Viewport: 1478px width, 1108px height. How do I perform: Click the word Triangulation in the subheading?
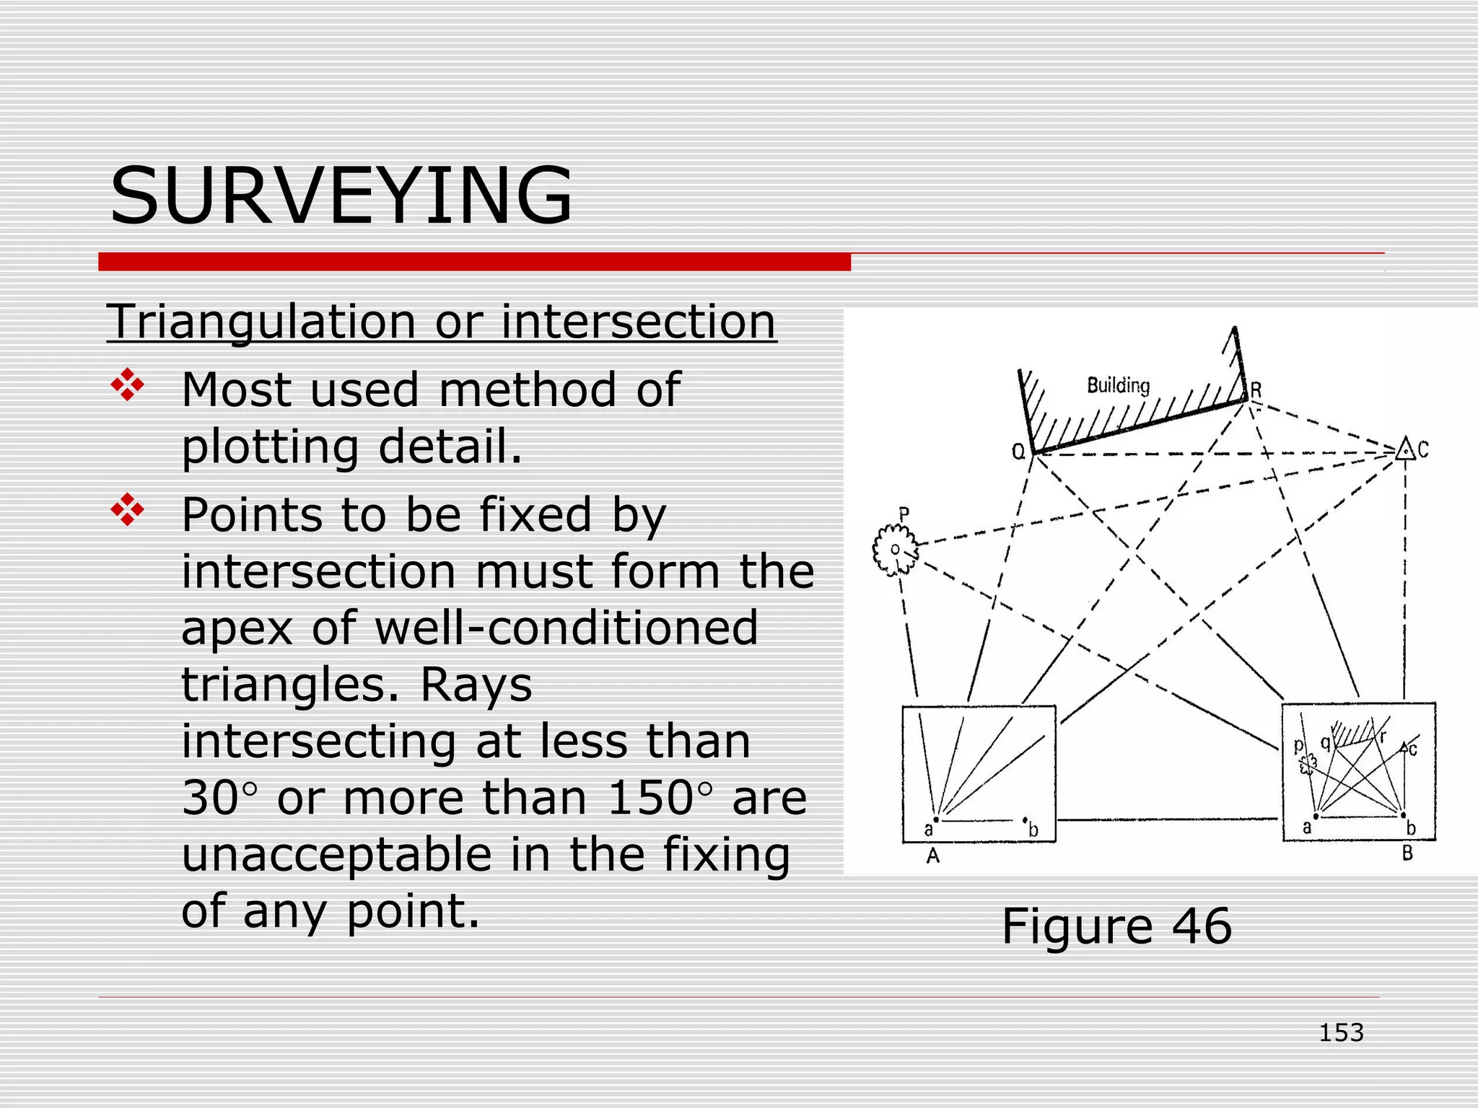click(261, 322)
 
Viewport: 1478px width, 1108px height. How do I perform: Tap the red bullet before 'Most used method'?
click(127, 384)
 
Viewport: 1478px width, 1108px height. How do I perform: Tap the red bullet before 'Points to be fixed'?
click(127, 509)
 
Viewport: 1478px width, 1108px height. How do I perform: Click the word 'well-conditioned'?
click(566, 628)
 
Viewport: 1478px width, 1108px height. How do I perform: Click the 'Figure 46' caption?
click(1116, 925)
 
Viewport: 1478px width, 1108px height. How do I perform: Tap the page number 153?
click(1341, 1033)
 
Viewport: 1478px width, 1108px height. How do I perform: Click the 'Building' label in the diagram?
click(1118, 386)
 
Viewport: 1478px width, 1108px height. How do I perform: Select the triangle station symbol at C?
click(1404, 449)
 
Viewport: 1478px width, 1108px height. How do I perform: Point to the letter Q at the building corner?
click(1018, 452)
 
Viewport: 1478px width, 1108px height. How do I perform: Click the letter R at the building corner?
click(1256, 390)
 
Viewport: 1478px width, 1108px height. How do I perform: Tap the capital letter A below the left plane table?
click(933, 856)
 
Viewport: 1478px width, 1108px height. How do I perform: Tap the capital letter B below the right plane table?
click(1407, 854)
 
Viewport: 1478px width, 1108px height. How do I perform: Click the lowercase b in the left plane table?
click(1033, 830)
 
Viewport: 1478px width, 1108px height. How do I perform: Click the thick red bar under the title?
click(474, 262)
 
